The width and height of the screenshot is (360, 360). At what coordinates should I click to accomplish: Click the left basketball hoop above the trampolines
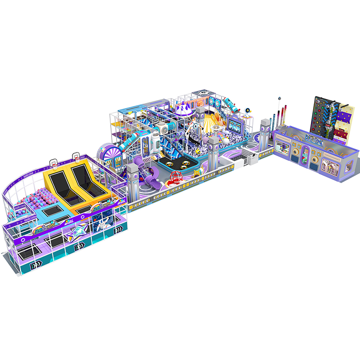pyautogui.click(x=54, y=161)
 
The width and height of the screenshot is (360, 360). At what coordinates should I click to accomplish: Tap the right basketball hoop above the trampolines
pyautogui.click(x=76, y=156)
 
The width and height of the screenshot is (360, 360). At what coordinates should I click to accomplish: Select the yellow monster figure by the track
pyautogui.click(x=196, y=173)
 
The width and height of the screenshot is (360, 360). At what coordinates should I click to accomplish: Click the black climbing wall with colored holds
pyautogui.click(x=320, y=115)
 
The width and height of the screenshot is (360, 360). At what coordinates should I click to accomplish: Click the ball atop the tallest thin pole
pyautogui.click(x=279, y=98)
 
